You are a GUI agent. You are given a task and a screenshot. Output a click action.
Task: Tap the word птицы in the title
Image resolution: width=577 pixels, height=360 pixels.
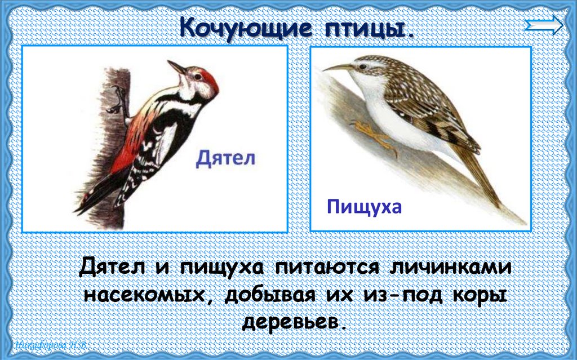373,28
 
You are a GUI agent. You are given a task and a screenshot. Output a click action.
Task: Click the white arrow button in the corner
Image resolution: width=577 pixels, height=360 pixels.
543,25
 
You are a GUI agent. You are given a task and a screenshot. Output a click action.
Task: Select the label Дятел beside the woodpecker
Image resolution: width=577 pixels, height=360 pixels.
225,158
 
